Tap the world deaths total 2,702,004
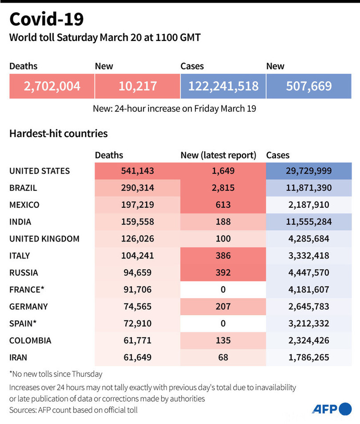click(x=52, y=86)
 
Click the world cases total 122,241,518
click(x=223, y=86)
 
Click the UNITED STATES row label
click(x=40, y=171)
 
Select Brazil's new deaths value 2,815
click(x=223, y=188)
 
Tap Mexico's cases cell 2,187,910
click(x=308, y=205)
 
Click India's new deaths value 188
click(x=223, y=222)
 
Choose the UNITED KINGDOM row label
click(x=44, y=239)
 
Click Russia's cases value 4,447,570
click(x=308, y=273)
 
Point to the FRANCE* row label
click(x=27, y=290)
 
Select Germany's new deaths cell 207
click(x=223, y=307)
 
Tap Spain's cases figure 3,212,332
click(x=308, y=323)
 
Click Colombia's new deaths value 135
click(x=223, y=341)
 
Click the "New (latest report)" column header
click(x=218, y=155)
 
